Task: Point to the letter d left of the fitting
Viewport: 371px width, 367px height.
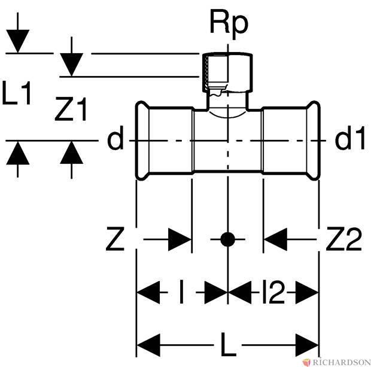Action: click(x=115, y=140)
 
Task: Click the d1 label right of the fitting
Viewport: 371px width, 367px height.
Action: click(x=349, y=140)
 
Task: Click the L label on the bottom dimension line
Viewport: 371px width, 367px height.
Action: click(x=228, y=345)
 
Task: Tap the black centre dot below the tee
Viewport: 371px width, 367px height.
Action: click(x=227, y=240)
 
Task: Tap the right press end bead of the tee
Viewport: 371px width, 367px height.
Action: click(x=314, y=140)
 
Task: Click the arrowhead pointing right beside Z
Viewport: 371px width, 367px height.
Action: click(x=180, y=240)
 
